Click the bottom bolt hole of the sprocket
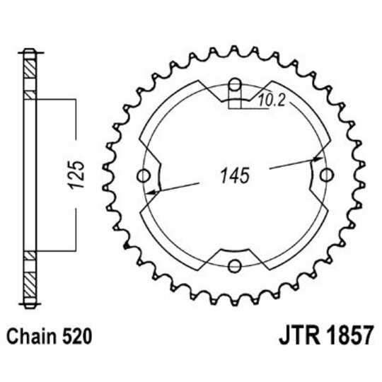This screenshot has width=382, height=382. pyautogui.click(x=236, y=266)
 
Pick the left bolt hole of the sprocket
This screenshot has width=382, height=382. pyautogui.click(x=146, y=176)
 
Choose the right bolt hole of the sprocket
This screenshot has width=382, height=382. pyautogui.click(x=326, y=176)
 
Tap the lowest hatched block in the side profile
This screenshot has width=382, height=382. pyautogui.click(x=28, y=287)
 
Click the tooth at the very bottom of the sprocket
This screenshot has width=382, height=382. pyautogui.click(x=236, y=302)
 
